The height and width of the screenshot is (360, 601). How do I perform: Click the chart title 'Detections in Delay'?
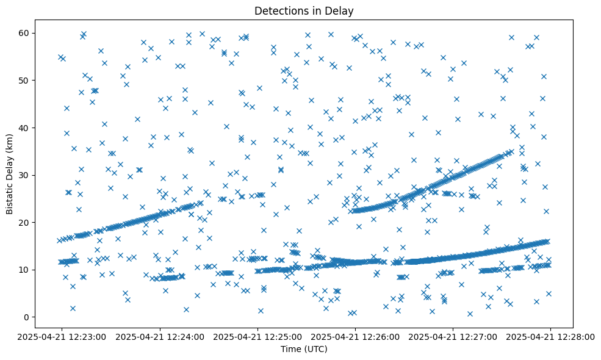(x=304, y=11)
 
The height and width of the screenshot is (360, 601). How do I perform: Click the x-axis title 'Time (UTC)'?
(x=304, y=349)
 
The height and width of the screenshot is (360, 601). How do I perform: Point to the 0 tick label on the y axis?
(x=26, y=317)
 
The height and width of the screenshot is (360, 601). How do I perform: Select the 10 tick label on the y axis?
(x=24, y=270)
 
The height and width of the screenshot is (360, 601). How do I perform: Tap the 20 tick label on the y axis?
(x=24, y=223)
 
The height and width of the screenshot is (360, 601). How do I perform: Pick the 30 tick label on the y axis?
(x=24, y=175)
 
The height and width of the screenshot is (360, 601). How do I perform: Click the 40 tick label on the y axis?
(x=24, y=128)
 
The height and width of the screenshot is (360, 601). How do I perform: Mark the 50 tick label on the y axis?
(x=24, y=81)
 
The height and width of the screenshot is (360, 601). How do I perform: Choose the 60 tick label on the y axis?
(x=24, y=33)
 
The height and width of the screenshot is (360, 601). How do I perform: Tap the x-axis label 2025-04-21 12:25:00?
(x=257, y=336)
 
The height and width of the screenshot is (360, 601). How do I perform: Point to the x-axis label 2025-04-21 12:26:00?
(x=355, y=336)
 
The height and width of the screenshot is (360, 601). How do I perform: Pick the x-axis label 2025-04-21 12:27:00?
(x=453, y=336)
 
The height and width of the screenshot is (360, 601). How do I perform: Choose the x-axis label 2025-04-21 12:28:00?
(x=550, y=336)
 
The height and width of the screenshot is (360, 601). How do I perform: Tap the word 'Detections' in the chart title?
(x=279, y=11)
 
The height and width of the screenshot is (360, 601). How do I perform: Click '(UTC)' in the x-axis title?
(x=315, y=349)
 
